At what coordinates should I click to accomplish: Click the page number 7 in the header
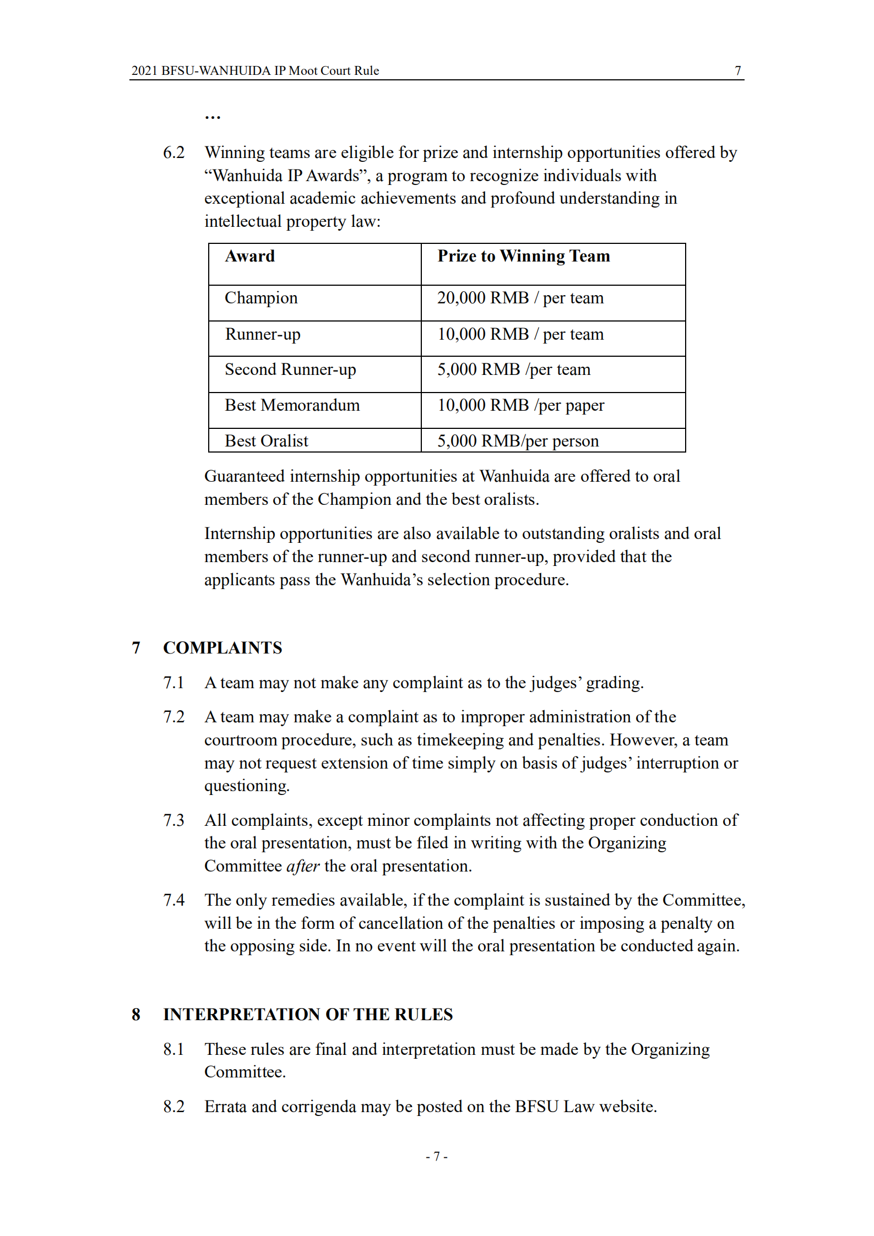(737, 70)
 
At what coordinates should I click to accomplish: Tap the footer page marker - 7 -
(436, 1156)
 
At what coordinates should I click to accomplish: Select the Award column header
(249, 257)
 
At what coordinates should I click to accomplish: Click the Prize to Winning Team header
(523, 257)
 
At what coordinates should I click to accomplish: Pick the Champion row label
(261, 298)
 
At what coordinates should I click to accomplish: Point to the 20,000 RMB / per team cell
(520, 298)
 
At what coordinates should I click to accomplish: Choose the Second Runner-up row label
(290, 369)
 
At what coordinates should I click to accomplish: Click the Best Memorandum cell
(292, 406)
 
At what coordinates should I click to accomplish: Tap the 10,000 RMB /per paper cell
(520, 406)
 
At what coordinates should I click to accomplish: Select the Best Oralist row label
(266, 441)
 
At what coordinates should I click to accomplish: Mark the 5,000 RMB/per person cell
(518, 441)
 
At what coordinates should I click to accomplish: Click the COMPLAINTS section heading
(222, 648)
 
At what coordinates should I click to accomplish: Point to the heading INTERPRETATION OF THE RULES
(308, 1015)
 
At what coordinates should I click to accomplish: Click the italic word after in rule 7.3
(302, 867)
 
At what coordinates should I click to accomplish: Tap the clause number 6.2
(173, 153)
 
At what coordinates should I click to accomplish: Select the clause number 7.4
(173, 900)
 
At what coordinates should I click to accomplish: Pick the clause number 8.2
(173, 1107)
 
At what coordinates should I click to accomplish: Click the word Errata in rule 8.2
(225, 1107)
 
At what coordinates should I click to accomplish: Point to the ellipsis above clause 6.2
(213, 117)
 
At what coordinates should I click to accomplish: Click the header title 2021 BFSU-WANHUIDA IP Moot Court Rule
(255, 70)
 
